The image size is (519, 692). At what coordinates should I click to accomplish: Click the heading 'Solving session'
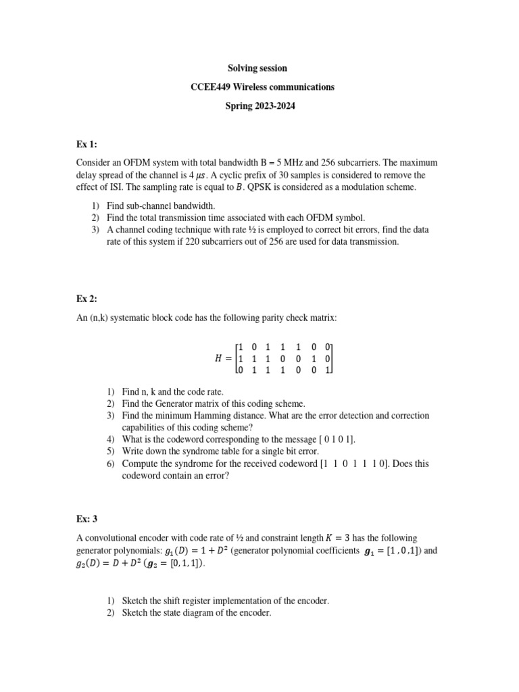point(259,68)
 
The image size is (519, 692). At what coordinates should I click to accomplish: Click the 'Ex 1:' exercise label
point(87,145)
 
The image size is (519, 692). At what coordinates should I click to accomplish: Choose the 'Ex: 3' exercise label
point(89,518)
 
